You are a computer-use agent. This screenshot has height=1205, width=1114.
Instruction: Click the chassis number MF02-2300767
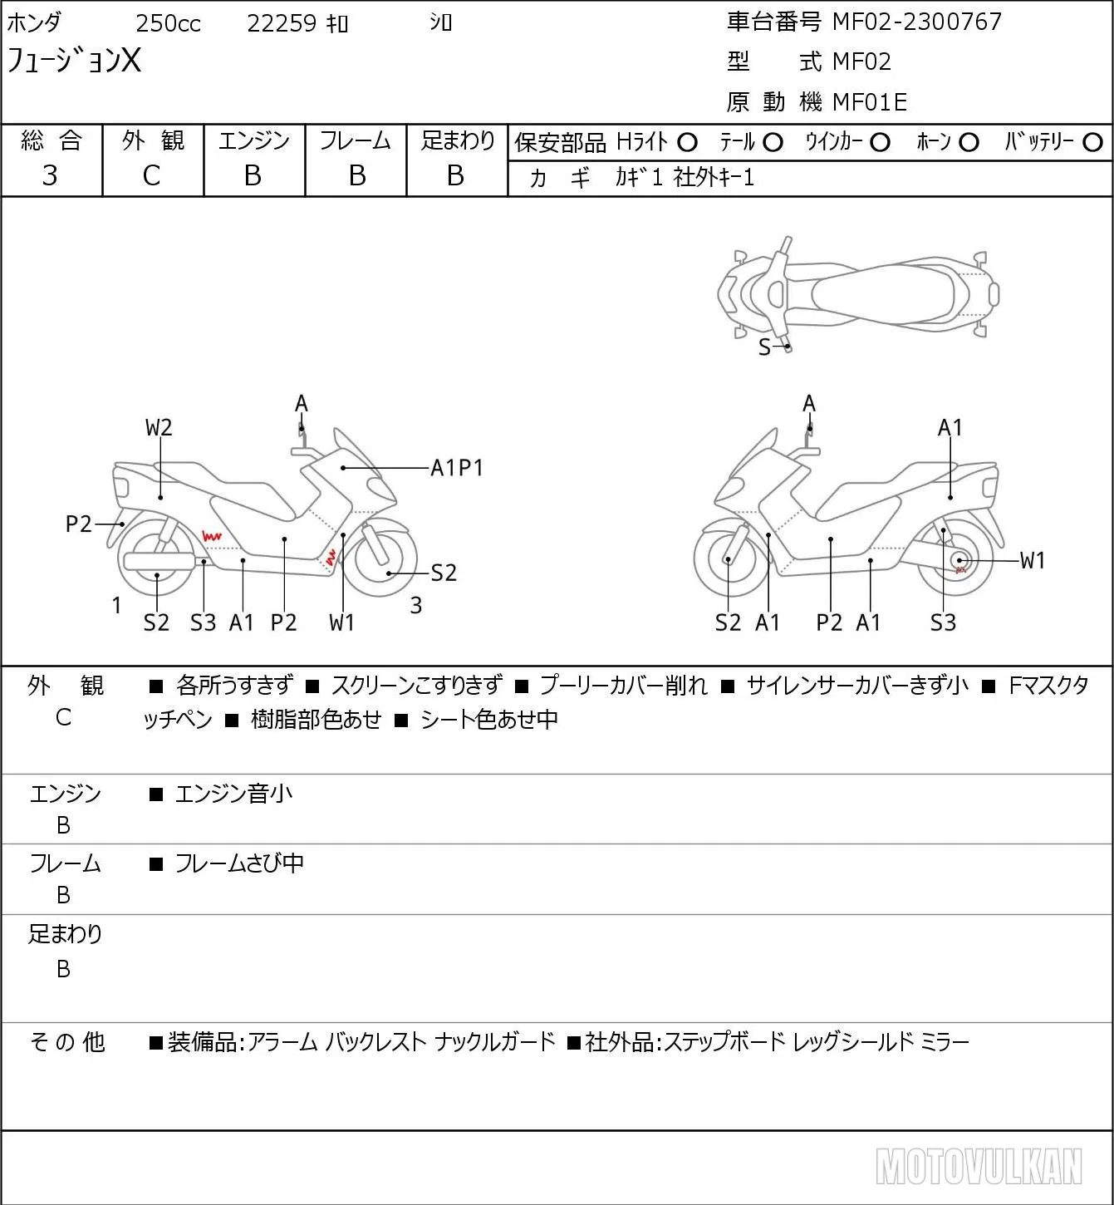[916, 22]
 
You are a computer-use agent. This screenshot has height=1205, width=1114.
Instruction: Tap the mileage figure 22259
[282, 23]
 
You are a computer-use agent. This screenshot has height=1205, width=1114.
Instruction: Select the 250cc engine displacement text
[168, 23]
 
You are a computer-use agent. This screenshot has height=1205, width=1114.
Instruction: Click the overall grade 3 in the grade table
[50, 175]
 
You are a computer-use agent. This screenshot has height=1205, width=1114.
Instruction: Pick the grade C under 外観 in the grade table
[151, 176]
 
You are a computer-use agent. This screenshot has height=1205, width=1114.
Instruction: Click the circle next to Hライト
[687, 143]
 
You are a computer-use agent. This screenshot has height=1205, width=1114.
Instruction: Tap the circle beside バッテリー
[1092, 143]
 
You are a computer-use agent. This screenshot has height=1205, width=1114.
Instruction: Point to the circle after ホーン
[969, 143]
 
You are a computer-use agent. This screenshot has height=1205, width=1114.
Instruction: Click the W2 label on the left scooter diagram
[159, 427]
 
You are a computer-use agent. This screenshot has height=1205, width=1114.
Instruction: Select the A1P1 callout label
[456, 468]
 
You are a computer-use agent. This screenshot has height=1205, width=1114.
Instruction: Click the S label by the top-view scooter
[764, 347]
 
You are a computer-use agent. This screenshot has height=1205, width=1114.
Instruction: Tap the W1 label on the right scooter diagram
[1033, 560]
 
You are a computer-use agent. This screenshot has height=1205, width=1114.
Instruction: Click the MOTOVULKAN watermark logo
[978, 1166]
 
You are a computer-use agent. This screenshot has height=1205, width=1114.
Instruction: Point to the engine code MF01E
[870, 102]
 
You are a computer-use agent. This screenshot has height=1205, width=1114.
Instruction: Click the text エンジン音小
[233, 794]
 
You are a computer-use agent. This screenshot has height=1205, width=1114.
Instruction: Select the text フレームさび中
[239, 863]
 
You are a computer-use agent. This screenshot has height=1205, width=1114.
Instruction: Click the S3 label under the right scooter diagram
[943, 622]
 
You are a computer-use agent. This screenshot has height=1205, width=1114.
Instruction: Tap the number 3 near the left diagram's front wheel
[415, 605]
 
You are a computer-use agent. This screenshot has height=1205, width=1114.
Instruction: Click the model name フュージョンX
[73, 61]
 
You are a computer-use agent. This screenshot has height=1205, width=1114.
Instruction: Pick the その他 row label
[67, 1041]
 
